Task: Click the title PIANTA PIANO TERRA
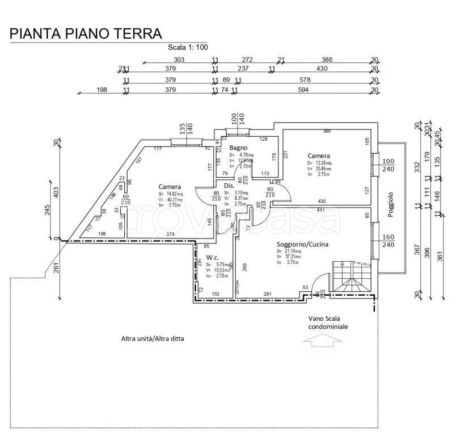click(x=86, y=33)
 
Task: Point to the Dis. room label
click(x=229, y=186)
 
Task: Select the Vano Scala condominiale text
click(x=328, y=323)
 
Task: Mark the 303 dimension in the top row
click(x=179, y=60)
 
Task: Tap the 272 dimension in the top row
click(x=247, y=60)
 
